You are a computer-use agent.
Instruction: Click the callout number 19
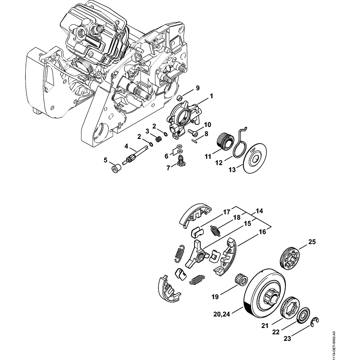[x=215, y=297]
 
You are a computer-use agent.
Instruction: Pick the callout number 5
[x=105, y=160]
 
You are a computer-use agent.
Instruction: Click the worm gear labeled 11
[x=224, y=140]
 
